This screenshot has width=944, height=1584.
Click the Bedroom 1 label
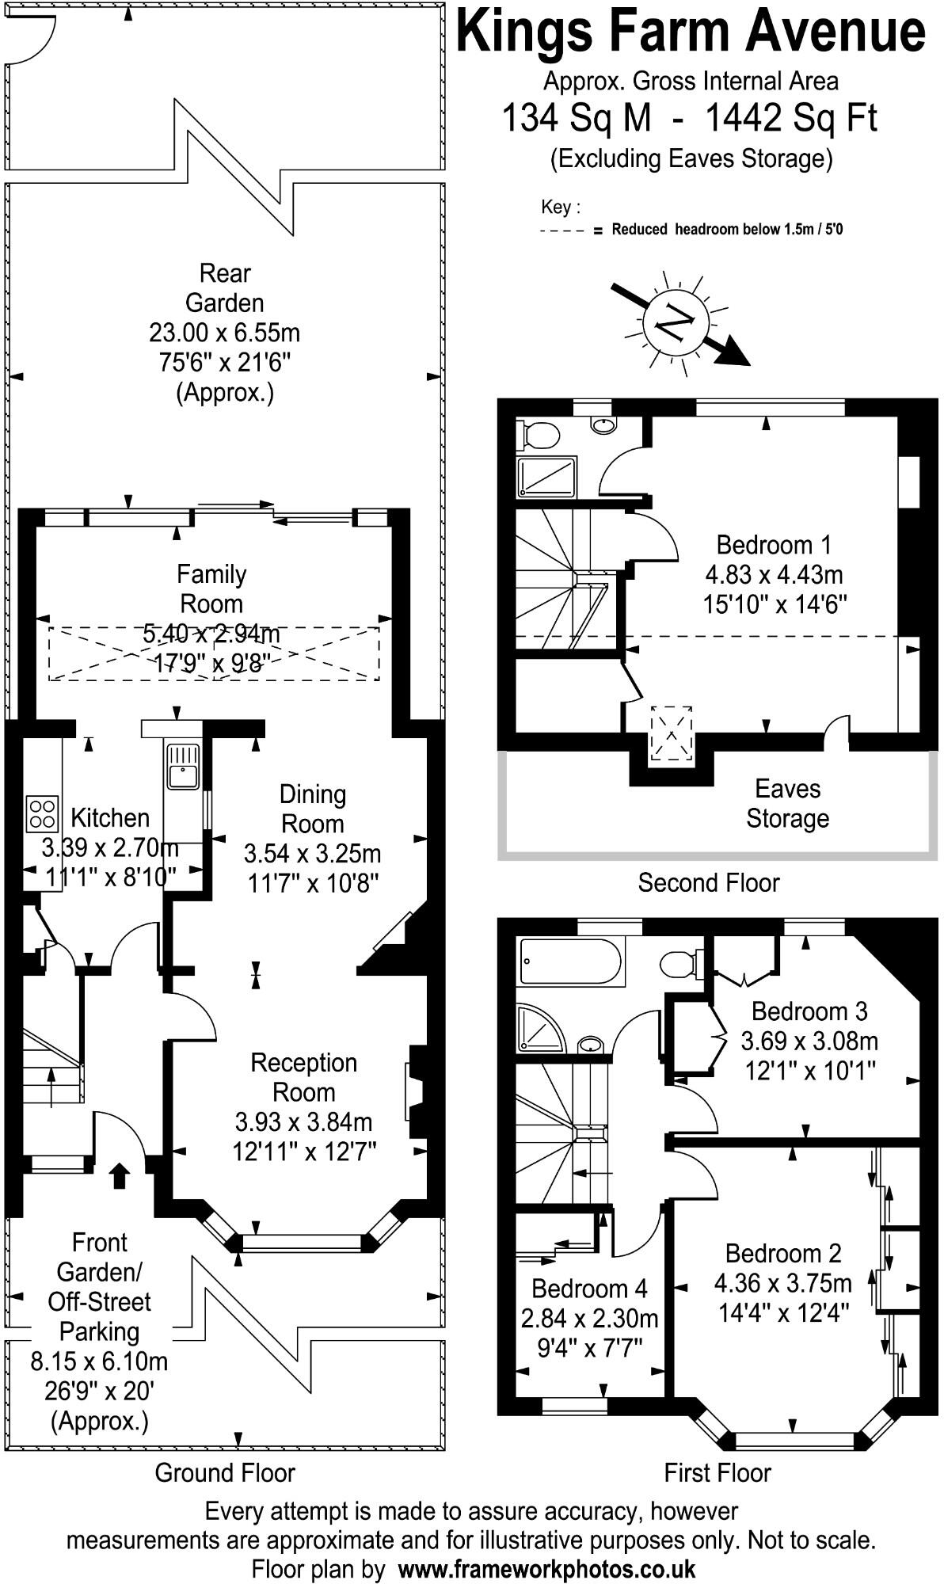click(x=773, y=545)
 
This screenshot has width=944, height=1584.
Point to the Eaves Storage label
click(x=786, y=803)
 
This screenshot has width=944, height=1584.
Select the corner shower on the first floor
click(x=542, y=1029)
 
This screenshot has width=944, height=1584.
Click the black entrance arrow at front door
click(x=120, y=1175)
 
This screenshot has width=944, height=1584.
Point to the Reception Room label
click(x=303, y=1077)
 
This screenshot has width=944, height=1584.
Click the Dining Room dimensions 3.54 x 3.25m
click(x=312, y=854)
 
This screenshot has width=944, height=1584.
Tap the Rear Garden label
click(x=224, y=287)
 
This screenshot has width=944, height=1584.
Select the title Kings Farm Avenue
click(x=691, y=32)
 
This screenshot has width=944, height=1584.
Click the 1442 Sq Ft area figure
click(x=791, y=119)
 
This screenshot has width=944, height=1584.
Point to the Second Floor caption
click(x=708, y=882)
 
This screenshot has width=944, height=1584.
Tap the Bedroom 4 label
click(x=589, y=1289)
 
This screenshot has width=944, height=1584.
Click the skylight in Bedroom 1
click(x=671, y=734)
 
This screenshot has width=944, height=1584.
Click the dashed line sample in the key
click(x=563, y=231)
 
